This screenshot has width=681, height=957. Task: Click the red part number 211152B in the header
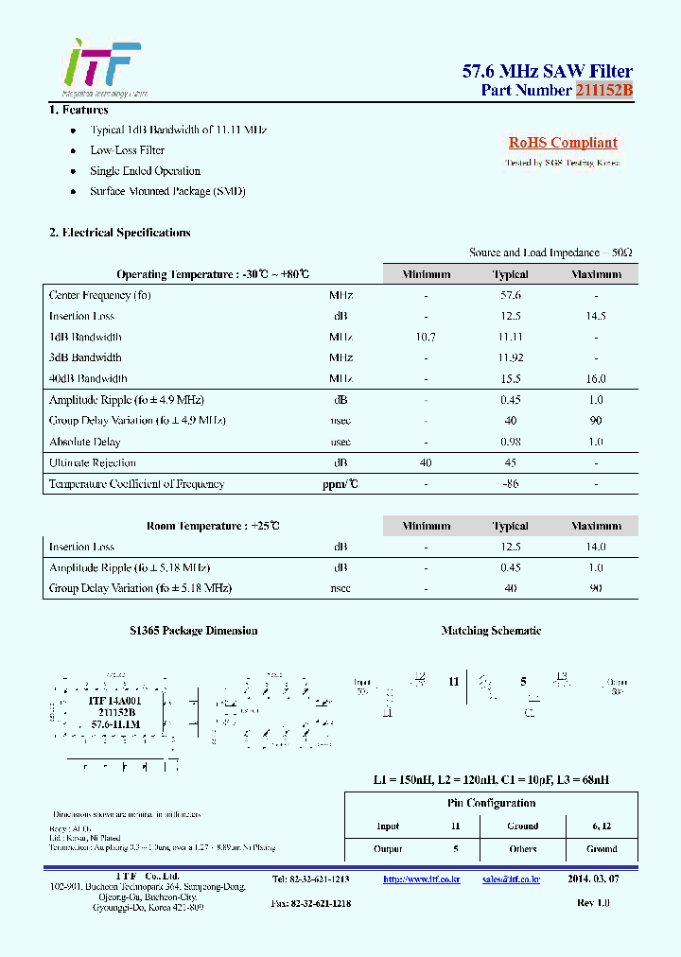click(x=603, y=91)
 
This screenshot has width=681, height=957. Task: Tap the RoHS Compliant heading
click(x=563, y=143)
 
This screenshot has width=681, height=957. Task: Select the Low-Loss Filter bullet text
click(x=127, y=150)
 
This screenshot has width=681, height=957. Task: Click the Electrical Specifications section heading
click(x=120, y=233)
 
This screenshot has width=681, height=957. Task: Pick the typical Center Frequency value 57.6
click(x=510, y=295)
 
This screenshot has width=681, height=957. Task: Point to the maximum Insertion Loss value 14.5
click(x=596, y=316)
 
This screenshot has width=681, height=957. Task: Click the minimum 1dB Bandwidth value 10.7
click(x=426, y=337)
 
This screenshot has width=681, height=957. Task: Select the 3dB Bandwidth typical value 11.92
click(x=510, y=357)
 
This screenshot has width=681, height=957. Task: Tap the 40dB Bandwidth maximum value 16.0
click(x=596, y=378)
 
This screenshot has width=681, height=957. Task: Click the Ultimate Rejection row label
click(x=93, y=462)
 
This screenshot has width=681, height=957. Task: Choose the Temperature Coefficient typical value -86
click(x=510, y=483)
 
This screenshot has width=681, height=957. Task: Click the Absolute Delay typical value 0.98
click(x=510, y=442)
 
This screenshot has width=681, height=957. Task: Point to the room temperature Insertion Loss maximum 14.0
click(x=596, y=547)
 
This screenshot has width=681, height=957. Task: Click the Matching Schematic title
click(x=491, y=631)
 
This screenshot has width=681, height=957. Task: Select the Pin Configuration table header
click(x=491, y=803)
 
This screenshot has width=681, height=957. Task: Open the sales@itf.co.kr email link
click(x=511, y=879)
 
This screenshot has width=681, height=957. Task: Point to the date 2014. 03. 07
click(x=594, y=879)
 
